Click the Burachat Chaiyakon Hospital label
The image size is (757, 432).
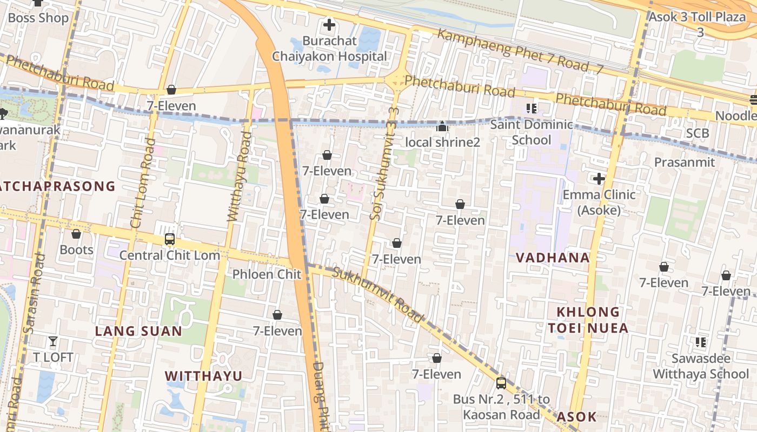[x=329, y=49]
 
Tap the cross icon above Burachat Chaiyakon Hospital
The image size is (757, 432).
[x=329, y=25]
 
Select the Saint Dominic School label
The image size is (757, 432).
[x=531, y=132]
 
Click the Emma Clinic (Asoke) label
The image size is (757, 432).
[x=599, y=202]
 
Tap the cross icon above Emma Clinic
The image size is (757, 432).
[x=599, y=178]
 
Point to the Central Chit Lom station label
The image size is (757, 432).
[x=169, y=255]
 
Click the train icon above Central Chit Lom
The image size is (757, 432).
[x=169, y=239]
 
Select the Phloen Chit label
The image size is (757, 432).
[x=267, y=274]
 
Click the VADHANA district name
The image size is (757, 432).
[x=553, y=258]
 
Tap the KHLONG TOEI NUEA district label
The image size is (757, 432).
[x=588, y=320]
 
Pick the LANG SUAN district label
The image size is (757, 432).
[x=139, y=331]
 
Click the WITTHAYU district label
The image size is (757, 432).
[x=203, y=376]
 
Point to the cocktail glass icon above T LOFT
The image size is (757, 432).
[x=53, y=341]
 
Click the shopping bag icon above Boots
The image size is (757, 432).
[x=76, y=234]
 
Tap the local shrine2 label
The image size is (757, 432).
[x=442, y=143]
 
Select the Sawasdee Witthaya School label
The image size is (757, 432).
[x=701, y=366]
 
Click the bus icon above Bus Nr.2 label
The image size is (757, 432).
[x=501, y=383]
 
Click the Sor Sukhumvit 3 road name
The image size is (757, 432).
[x=377, y=170]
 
